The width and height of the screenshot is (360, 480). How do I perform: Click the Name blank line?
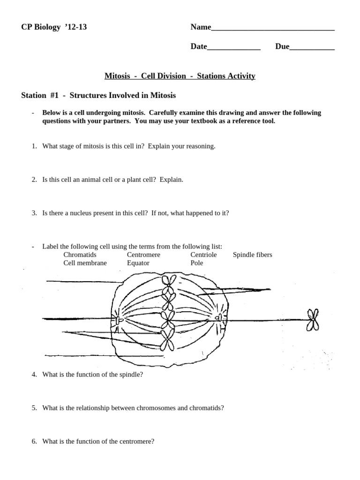click(273, 30)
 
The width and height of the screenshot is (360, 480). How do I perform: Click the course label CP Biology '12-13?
click(54, 27)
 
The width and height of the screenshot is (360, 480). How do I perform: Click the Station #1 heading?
click(98, 96)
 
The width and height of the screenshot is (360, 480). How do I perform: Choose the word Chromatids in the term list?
click(80, 255)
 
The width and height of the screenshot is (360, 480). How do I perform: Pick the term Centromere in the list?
click(143, 255)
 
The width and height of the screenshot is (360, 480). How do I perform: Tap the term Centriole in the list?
click(203, 255)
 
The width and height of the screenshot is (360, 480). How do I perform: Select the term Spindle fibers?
click(252, 255)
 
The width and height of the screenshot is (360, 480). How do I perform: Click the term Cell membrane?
click(85, 263)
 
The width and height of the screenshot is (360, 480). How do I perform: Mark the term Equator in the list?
click(138, 263)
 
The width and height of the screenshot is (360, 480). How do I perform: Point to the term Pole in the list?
click(197, 263)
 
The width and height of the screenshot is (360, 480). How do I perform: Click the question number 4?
click(35, 375)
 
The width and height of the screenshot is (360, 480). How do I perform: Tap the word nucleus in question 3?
click(91, 213)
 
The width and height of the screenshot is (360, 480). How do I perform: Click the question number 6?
click(35, 441)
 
